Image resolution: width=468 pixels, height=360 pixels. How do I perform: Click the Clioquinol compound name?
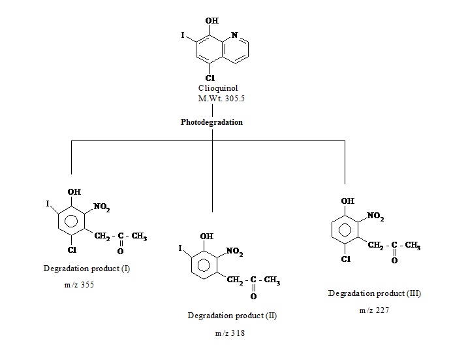pos(215,88)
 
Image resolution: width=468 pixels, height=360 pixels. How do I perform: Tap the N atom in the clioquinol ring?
pos(234,35)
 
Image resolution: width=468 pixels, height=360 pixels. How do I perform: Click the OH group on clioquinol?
pos(213,21)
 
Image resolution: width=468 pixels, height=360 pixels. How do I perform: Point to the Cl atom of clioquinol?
pos(211,78)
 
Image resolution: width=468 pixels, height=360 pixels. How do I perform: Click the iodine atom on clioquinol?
pos(183,34)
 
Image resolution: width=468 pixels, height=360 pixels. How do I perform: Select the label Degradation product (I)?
pos(87,269)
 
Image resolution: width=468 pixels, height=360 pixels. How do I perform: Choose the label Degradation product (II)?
pos(232,316)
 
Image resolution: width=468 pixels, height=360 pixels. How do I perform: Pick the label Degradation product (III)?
pos(375,293)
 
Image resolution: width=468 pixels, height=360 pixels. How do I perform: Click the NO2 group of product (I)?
pos(102,208)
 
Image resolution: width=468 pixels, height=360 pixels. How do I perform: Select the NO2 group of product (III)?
pos(377,216)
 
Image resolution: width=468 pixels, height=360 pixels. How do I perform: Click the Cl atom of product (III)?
pos(346,259)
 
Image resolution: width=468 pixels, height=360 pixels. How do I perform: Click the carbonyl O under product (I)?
pos(121,250)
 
